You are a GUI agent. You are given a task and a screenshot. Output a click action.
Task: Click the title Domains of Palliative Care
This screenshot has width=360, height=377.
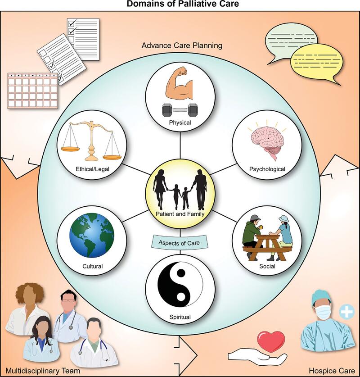pyautogui.click(x=180, y=4)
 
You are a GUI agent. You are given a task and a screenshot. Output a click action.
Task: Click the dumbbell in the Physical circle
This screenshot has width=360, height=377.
pyautogui.click(x=180, y=109)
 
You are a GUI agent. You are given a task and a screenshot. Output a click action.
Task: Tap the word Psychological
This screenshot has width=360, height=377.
pyautogui.click(x=268, y=169)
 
